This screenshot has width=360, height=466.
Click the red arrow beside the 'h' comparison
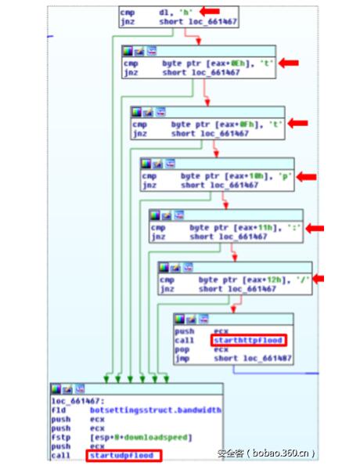207,11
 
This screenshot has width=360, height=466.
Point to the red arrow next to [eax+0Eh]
290,62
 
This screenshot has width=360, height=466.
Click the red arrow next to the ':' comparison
315,228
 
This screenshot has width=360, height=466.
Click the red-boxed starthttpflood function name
249,340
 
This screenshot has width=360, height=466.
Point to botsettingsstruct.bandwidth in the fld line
154,410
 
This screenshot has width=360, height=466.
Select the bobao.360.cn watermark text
266,452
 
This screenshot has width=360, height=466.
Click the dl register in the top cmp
165,12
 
